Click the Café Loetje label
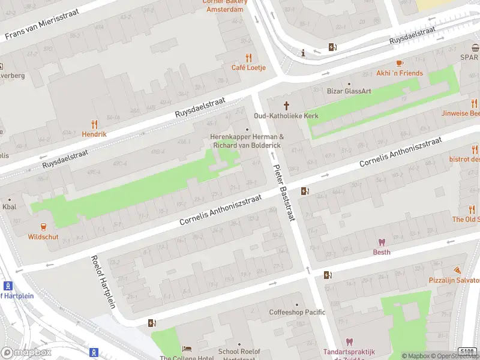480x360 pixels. [248, 68]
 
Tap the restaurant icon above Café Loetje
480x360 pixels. [248, 58]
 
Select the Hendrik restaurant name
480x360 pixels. [94, 134]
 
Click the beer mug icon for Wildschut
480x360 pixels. [43, 226]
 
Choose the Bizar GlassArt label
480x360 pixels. [349, 91]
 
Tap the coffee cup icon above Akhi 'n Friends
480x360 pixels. [400, 63]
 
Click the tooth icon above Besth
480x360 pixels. [381, 242]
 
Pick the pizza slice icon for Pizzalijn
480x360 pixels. [457, 271]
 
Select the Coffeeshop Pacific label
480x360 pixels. [297, 312]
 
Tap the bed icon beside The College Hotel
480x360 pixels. [187, 349]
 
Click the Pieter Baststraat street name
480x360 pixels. [284, 194]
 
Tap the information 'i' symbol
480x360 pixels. [304, 52]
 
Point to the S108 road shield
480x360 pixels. [468, 350]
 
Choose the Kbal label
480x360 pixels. [9, 207]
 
